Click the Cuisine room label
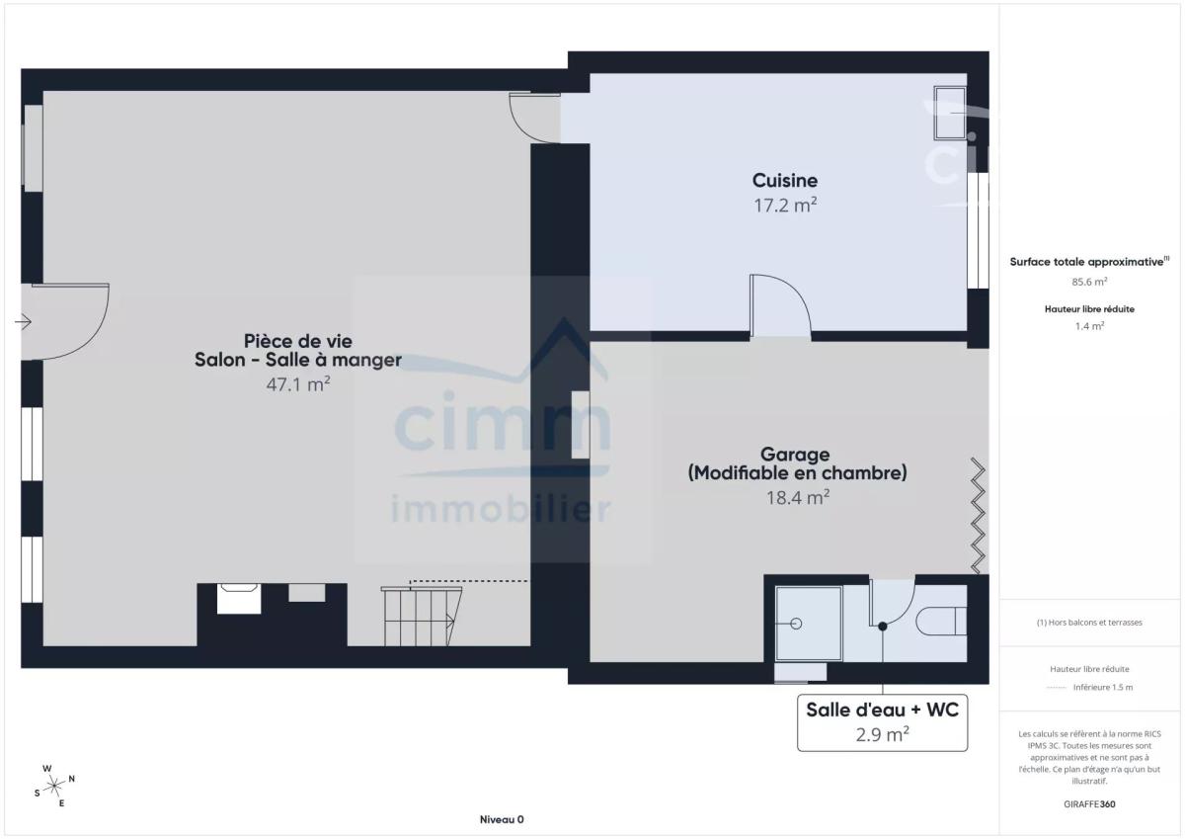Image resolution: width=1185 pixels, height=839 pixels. coord(785,181)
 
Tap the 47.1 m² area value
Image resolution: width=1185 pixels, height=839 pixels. coord(298,384)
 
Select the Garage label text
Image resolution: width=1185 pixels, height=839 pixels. coord(795,455)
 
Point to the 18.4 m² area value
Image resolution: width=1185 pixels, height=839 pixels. coord(798,498)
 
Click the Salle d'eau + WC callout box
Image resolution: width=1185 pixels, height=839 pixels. coord(883,722)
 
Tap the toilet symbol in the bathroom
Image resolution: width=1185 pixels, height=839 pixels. coord(942,621)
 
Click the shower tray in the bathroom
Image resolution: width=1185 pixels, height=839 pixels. coord(809,623)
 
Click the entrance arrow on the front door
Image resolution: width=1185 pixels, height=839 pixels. coord(24,321)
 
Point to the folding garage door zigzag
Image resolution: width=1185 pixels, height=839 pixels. coord(979,516)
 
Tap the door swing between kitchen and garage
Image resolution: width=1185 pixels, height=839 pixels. coord(780,305)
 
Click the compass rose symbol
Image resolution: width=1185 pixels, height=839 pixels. coord(54,786)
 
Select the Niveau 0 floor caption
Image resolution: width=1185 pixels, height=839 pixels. coord(502,819)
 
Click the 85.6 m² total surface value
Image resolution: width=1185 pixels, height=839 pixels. coord(1089,282)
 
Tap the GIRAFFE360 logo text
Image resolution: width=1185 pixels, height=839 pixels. coord(1089,804)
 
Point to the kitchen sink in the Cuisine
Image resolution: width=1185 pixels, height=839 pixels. coord(950,113)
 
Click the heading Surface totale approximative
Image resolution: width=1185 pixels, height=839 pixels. coord(1089,262)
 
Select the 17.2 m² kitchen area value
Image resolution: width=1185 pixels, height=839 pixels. coord(785,206)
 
